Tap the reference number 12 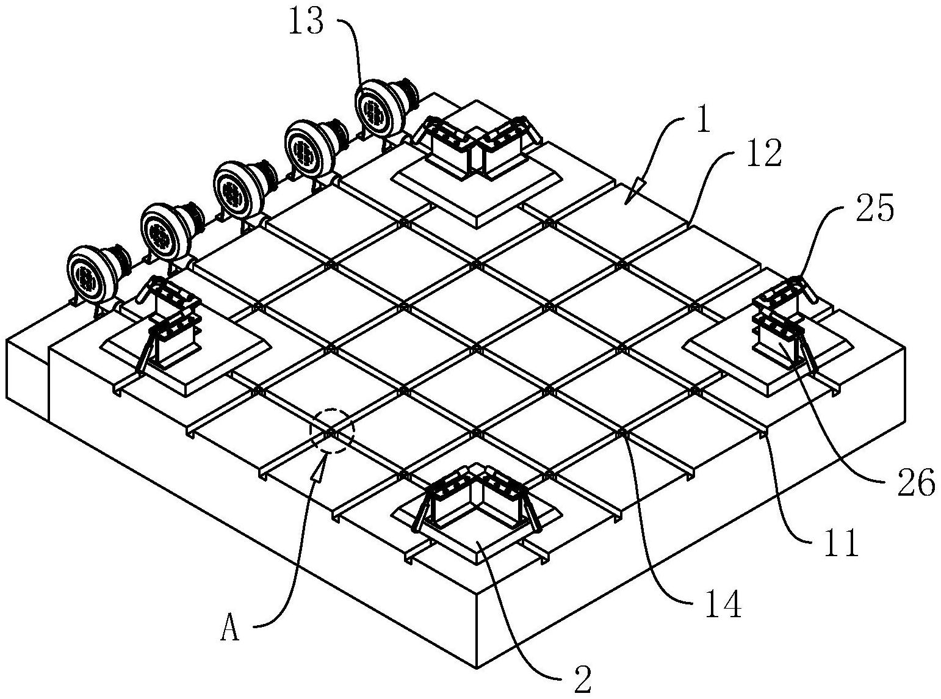[763, 155]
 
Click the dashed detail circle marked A [332, 430]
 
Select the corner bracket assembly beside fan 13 [476, 150]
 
